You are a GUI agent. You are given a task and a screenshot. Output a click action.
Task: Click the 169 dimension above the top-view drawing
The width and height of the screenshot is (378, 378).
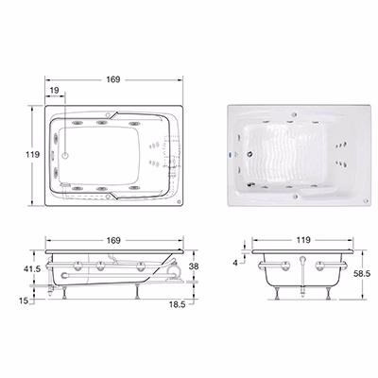tap(113, 79)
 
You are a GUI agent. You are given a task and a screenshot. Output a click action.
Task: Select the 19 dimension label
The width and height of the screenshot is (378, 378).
tap(55, 91)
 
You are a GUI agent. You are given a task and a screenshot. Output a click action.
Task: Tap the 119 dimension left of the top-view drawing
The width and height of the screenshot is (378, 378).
tap(33, 155)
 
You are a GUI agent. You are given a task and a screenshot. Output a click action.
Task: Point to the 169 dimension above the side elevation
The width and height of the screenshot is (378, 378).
tap(113, 240)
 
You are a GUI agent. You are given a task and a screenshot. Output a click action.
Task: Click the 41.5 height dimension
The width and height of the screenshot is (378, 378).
tap(32, 268)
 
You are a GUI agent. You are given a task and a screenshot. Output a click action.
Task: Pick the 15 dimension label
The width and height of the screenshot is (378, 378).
tap(24, 301)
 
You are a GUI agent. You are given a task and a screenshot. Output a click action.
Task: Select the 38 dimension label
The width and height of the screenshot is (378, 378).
tap(194, 266)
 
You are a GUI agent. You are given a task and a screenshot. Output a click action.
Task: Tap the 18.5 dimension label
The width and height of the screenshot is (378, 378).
tap(177, 304)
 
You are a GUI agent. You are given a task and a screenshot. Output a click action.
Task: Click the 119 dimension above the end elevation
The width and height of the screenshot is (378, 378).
tap(303, 240)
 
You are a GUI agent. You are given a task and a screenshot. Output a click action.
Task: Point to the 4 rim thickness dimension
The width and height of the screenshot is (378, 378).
tap(235, 263)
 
